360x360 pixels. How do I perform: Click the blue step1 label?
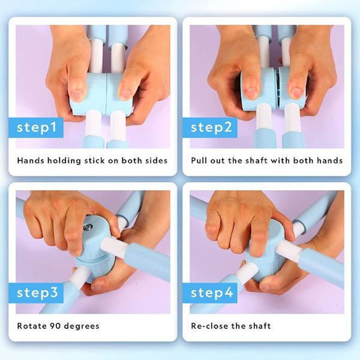click(x=36, y=127)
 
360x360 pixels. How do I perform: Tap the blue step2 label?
click(x=210, y=127)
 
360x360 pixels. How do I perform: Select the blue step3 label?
click(x=36, y=293)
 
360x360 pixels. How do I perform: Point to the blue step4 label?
click(x=210, y=293)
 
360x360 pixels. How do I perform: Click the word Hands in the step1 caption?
click(x=31, y=161)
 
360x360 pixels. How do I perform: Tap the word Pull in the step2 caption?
click(x=199, y=161)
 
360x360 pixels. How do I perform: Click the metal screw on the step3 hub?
click(x=88, y=227)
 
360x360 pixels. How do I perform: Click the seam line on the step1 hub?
click(x=107, y=94)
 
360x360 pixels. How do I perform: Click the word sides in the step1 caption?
click(x=157, y=161)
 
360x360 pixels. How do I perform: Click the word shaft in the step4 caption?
click(x=260, y=326)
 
